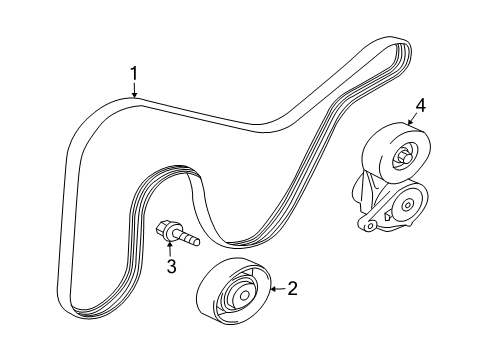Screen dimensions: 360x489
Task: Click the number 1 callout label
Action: coord(132,72)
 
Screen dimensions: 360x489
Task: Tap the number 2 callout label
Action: coord(292,290)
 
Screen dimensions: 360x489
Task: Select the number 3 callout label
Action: coord(171,267)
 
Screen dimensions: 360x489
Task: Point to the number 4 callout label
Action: coord(421,103)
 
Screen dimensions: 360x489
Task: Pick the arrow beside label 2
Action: coord(276,290)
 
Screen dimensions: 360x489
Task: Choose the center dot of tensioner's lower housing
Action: coord(407,207)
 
